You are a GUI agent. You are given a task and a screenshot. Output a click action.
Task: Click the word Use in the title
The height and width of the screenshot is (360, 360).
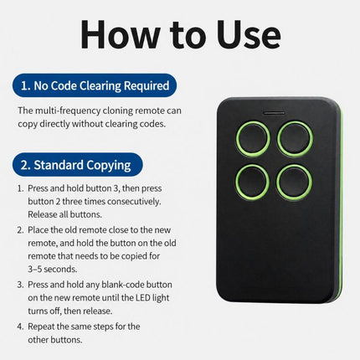(249, 34)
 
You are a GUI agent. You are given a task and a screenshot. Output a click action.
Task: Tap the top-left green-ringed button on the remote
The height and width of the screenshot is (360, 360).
(253, 139)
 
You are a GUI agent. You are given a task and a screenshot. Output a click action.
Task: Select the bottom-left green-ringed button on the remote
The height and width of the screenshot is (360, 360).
(253, 182)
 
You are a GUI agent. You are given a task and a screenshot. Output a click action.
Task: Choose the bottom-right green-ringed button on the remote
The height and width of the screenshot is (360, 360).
(295, 182)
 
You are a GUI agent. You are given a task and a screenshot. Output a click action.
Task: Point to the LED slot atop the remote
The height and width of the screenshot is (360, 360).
(275, 113)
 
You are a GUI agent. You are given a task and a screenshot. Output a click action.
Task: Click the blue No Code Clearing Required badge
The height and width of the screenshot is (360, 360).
(95, 85)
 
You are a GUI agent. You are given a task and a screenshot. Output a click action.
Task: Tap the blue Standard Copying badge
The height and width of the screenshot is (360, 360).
(78, 165)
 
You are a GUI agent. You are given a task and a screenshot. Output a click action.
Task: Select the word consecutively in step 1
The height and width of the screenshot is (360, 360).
(134, 201)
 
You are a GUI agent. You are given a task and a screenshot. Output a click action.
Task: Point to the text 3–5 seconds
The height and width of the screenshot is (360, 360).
(52, 269)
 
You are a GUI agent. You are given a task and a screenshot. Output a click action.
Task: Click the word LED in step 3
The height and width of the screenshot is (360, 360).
(143, 297)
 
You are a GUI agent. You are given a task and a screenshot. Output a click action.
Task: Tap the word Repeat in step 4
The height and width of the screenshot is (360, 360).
(41, 327)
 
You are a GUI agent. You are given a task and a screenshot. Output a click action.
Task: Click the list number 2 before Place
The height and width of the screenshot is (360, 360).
(20, 230)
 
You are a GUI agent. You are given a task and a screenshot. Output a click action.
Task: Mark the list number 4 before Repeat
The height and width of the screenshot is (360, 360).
(20, 327)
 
